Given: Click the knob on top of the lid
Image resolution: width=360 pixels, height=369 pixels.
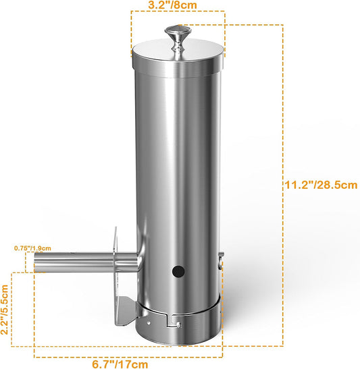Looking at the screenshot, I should (177, 34).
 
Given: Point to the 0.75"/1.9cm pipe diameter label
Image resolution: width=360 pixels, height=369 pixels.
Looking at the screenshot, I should (31, 248).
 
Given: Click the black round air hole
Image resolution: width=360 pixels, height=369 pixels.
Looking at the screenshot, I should (178, 272).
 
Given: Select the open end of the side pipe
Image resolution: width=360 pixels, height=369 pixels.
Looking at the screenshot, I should (38, 262).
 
